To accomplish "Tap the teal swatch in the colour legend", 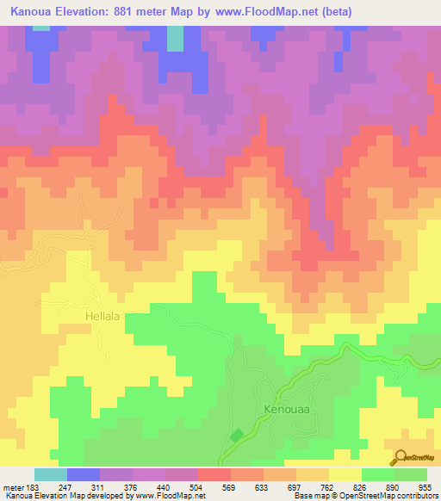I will click(x=50, y=474).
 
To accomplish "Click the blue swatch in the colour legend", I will click(x=83, y=474).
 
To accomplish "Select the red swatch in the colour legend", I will click(x=214, y=474).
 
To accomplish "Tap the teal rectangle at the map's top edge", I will click(x=175, y=38).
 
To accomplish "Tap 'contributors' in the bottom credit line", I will click(x=417, y=496).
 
